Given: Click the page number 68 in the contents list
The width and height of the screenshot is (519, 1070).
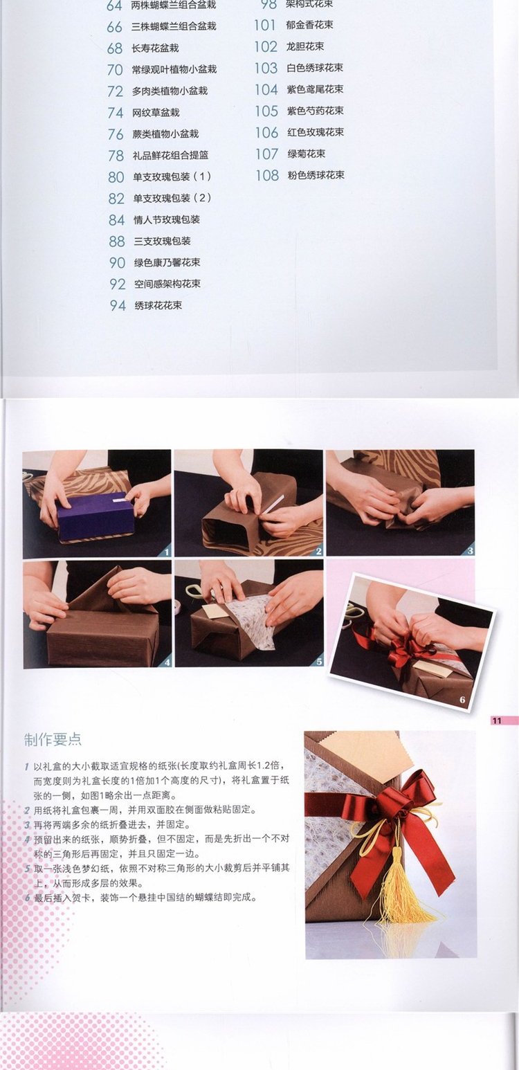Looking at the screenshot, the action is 115,48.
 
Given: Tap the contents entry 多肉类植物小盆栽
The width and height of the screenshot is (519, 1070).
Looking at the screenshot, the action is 170,91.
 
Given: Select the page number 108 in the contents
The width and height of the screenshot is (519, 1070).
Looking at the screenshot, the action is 267,175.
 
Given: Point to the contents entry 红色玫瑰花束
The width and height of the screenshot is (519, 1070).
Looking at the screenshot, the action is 315,132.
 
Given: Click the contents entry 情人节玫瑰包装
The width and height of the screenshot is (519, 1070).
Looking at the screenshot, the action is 167,219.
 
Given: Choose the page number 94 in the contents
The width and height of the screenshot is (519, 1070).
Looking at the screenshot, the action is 118,306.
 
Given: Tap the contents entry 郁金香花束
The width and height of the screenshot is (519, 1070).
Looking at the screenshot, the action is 309,25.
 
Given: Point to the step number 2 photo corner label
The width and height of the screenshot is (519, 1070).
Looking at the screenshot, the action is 318,552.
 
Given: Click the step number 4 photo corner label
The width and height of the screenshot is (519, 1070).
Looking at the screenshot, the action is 167,662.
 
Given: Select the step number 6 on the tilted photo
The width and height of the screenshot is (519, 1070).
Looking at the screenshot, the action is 462,700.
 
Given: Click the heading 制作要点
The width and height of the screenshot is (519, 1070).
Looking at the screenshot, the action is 53,739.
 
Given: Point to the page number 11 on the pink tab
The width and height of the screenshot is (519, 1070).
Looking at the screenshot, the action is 497,720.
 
